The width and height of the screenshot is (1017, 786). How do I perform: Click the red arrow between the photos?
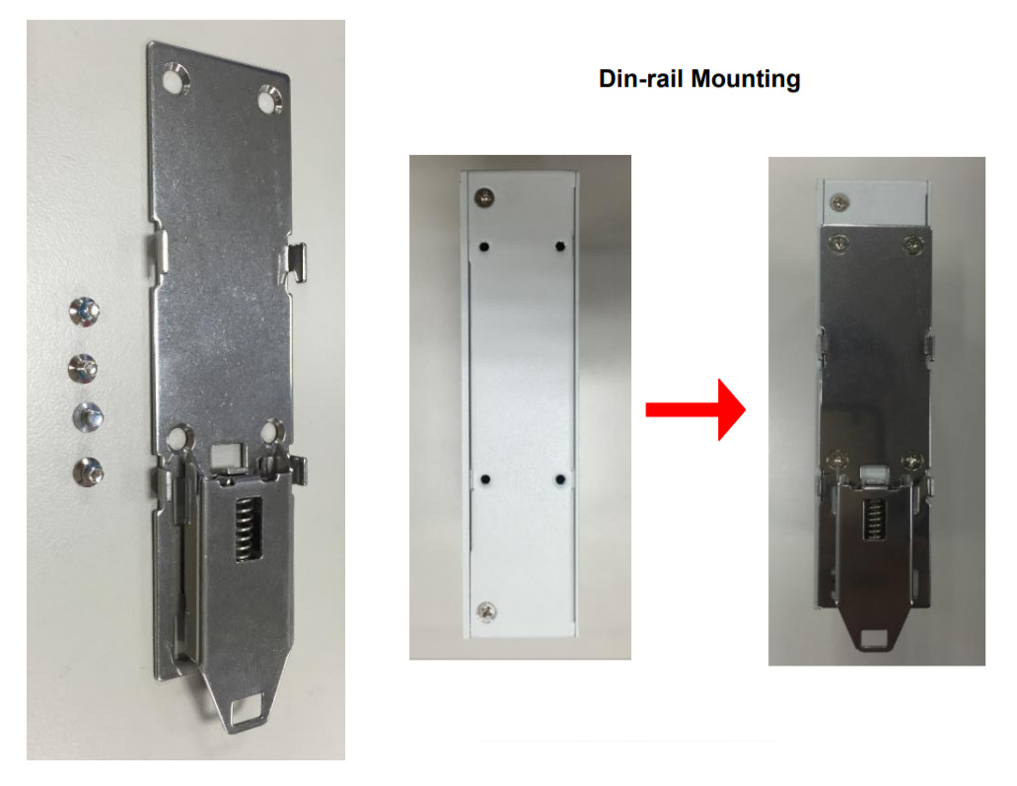(x=695, y=410)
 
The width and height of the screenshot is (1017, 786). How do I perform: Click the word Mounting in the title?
(x=745, y=79)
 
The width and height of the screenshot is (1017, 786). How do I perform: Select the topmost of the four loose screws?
(x=84, y=311)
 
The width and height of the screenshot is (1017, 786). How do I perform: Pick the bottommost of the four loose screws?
(x=88, y=471)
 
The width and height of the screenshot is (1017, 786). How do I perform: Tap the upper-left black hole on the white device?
(x=484, y=247)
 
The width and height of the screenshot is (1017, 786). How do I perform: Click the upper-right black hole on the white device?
(x=560, y=247)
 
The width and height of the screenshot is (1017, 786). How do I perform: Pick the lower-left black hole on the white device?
(x=484, y=480)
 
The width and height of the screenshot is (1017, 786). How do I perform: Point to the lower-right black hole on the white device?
(x=560, y=480)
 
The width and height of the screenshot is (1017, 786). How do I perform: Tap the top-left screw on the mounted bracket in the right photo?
(x=838, y=245)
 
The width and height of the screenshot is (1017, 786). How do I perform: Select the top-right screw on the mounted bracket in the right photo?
(x=913, y=245)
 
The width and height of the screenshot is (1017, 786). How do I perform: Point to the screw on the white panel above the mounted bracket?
(x=838, y=202)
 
